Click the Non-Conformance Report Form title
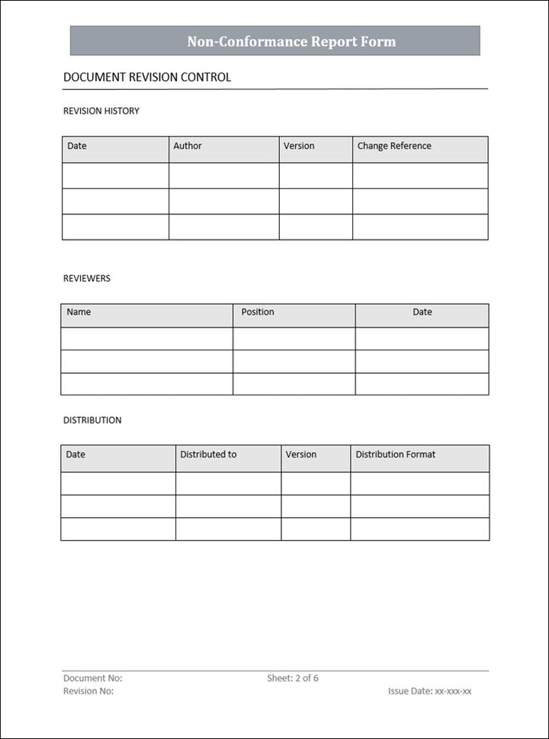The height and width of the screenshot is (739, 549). tap(291, 41)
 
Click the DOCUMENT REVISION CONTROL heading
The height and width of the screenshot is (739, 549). tap(147, 77)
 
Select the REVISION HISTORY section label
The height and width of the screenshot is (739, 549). tap(101, 111)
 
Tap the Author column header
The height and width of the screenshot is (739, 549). tap(188, 146)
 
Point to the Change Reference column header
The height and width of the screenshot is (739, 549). tap(394, 146)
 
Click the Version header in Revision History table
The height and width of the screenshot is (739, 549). tap(299, 146)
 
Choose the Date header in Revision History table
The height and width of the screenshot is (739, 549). tap(77, 146)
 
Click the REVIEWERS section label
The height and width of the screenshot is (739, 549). tap(87, 278)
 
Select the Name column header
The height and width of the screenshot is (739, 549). tap(79, 312)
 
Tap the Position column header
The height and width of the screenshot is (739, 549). tap(258, 312)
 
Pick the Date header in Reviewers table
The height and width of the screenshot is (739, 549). tap(422, 312)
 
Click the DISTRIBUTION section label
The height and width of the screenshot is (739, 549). tap(92, 420)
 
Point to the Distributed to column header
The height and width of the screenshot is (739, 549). tap(208, 454)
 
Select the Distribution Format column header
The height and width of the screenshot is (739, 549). tap(396, 454)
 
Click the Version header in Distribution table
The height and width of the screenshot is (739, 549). tap(301, 454)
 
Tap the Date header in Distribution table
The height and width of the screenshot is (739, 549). tap(75, 454)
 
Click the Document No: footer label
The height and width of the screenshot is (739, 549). tap(93, 678)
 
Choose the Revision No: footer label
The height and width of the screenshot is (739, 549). tap(88, 691)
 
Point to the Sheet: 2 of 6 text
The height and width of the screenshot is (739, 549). tap(293, 678)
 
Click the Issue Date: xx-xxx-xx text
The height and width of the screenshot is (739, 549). tap(430, 691)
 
